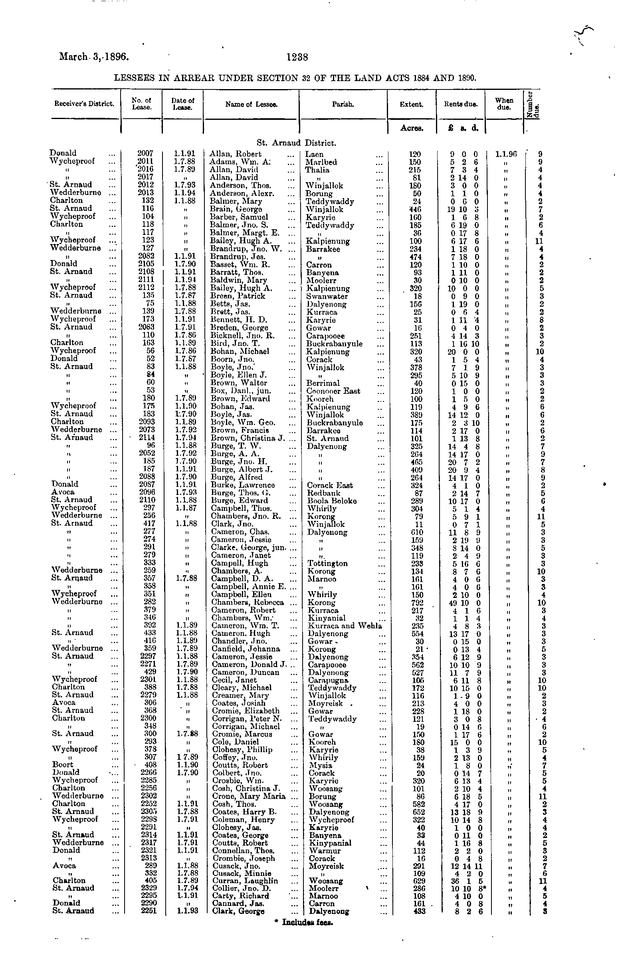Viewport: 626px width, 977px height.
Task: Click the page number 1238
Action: [x=297, y=58]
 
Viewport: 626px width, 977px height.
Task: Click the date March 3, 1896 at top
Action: [x=94, y=56]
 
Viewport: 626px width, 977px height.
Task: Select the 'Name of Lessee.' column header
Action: [x=251, y=105]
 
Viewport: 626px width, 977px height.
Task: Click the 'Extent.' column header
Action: [x=411, y=105]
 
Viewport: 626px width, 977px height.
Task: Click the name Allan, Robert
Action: [x=235, y=154]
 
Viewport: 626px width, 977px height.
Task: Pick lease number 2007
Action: [x=145, y=153]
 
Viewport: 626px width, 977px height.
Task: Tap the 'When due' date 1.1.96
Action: [x=506, y=154]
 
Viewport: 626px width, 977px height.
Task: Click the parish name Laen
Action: [x=314, y=154]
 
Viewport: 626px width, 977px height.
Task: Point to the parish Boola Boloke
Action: [x=332, y=501]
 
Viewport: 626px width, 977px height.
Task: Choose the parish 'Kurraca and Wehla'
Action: [x=345, y=626]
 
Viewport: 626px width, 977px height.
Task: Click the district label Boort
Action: [x=63, y=765]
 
